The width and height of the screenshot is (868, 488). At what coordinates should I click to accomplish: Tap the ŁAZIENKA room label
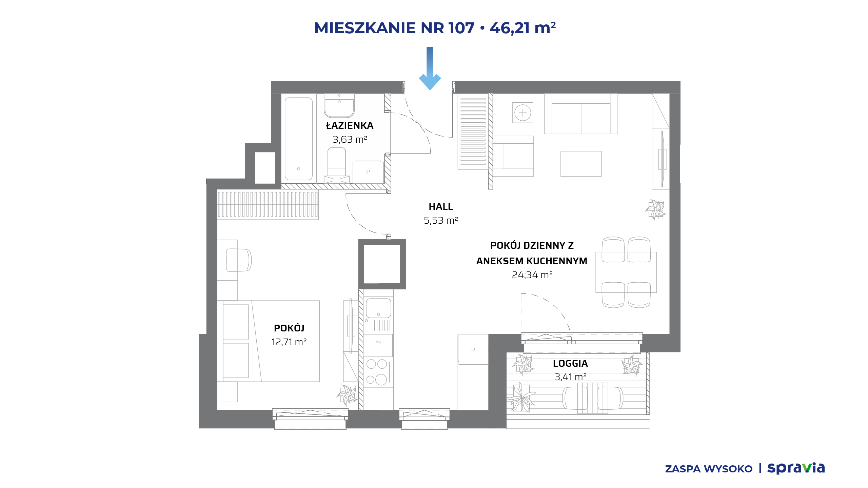[x=350, y=125]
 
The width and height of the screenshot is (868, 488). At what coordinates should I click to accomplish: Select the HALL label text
[x=441, y=206]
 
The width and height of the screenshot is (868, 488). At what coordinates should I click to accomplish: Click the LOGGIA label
[x=570, y=363]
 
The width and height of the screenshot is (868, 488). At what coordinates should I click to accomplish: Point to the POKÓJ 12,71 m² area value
[x=289, y=342]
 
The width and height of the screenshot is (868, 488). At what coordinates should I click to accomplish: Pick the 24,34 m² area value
[x=532, y=275]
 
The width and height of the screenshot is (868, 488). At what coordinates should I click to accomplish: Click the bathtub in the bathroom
[x=299, y=139]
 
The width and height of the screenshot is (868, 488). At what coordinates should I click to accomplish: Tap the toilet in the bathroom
[x=337, y=164]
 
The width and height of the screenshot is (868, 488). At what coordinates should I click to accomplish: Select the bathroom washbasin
[x=339, y=105]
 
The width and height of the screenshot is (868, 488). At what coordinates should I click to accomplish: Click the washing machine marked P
[x=368, y=172]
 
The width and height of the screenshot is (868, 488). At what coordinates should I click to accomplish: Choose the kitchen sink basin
[x=378, y=308]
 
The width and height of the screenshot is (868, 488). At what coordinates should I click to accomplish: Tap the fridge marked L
[x=473, y=349]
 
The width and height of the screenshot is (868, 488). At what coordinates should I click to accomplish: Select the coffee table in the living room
[x=581, y=164]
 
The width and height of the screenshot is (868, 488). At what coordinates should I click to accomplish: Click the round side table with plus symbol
[x=522, y=113]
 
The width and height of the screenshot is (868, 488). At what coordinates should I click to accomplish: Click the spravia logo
[x=796, y=468]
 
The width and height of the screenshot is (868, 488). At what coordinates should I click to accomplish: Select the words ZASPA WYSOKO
[x=709, y=469]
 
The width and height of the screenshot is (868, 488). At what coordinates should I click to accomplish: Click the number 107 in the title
[x=461, y=28]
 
